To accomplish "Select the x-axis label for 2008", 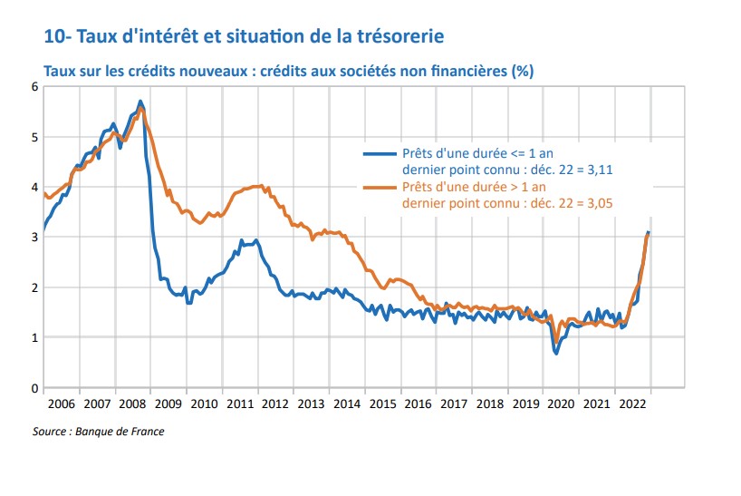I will click(132, 403).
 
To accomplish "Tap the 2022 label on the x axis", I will click(631, 403).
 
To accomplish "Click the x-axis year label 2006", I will click(62, 403).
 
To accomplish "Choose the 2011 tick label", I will click(239, 403).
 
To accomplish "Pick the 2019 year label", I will click(524, 403).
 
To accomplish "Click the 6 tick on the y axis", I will click(34, 87).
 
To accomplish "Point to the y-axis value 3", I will click(34, 238).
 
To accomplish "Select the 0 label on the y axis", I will click(34, 388).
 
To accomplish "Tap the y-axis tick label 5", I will click(34, 138).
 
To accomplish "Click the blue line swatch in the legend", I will click(379, 152).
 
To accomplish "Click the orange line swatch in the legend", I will click(379, 188).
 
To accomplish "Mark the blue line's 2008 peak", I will click(140, 101).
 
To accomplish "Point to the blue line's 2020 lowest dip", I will click(555, 353).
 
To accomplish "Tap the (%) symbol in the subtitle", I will click(521, 70).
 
